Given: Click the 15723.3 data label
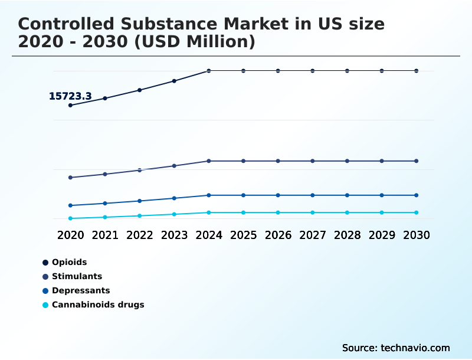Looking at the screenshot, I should [x=70, y=96].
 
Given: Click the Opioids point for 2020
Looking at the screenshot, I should [x=70, y=105].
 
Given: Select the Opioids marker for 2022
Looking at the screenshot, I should [x=140, y=90].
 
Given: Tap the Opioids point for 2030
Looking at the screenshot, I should [x=417, y=71].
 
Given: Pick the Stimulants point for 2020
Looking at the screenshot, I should [x=70, y=178].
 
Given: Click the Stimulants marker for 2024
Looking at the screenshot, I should [x=209, y=161].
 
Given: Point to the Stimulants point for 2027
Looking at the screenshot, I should [x=313, y=161].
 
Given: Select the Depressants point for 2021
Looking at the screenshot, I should [x=105, y=204].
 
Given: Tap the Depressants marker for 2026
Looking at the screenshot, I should [x=278, y=195].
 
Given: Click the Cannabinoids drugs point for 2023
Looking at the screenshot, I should [x=174, y=214].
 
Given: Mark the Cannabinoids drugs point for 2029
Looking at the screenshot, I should [x=382, y=212].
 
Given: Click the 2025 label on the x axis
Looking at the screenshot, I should [x=243, y=235].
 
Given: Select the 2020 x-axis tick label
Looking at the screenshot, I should [x=70, y=235].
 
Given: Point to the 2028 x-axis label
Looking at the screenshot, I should [x=347, y=235].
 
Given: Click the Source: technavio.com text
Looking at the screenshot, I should [x=396, y=348].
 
